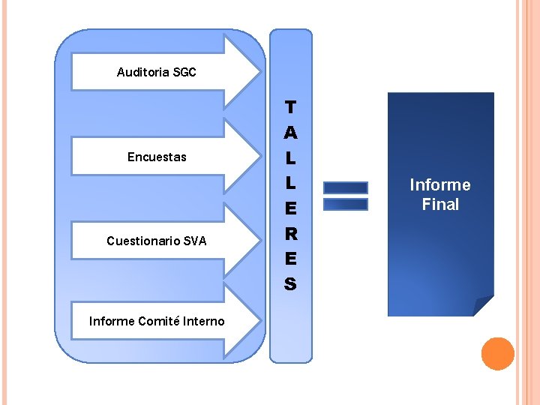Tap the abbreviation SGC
pyautogui.click(x=184, y=73)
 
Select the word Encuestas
pyautogui.click(x=157, y=157)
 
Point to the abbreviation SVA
pyautogui.click(x=194, y=241)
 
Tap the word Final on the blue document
pyautogui.click(x=440, y=205)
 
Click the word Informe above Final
pyautogui.click(x=440, y=185)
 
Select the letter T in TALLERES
pyautogui.click(x=290, y=107)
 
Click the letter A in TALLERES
pyautogui.click(x=290, y=133)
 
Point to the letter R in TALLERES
pyautogui.click(x=290, y=233)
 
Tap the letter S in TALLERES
pyautogui.click(x=290, y=284)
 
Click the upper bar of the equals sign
pyautogui.click(x=345, y=187)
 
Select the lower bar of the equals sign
pyautogui.click(x=345, y=204)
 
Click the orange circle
pyautogui.click(x=497, y=354)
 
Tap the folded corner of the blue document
pyautogui.click(x=483, y=305)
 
